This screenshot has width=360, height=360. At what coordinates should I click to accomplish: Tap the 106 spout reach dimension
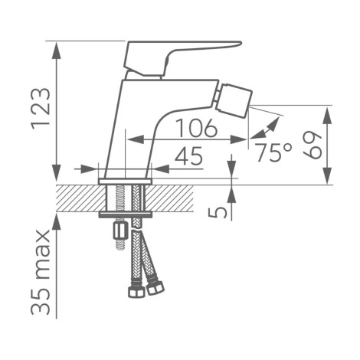click(198, 127)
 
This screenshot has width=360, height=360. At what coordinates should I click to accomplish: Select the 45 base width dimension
click(188, 155)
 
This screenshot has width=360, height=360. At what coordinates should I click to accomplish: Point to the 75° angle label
click(273, 152)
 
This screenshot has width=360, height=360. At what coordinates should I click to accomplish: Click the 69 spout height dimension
click(313, 145)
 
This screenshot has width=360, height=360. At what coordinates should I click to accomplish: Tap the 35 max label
click(41, 272)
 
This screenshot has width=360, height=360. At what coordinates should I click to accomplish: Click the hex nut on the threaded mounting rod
click(119, 231)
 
